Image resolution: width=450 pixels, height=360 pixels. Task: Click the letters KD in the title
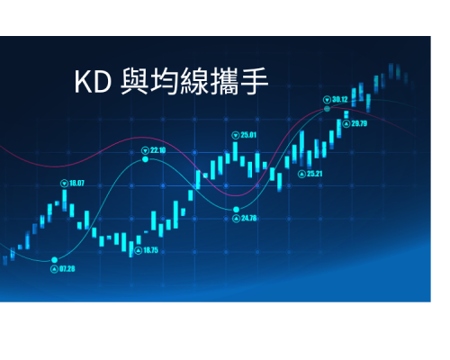pyautogui.click(x=93, y=82)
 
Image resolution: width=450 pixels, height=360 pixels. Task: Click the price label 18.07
pyautogui.click(x=76, y=183)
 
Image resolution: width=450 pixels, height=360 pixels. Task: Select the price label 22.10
pyautogui.click(x=157, y=150)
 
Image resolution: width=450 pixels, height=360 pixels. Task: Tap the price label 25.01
pyautogui.click(x=248, y=135)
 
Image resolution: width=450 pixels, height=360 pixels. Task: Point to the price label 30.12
pyautogui.click(x=340, y=99)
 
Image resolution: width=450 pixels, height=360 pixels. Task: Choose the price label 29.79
pyautogui.click(x=359, y=123)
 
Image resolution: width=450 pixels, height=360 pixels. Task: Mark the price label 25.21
pyautogui.click(x=314, y=174)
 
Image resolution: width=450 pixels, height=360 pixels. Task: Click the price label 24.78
pyautogui.click(x=249, y=218)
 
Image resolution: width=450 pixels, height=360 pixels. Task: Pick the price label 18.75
pyautogui.click(x=150, y=250)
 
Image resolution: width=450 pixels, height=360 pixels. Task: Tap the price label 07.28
pyautogui.click(x=67, y=269)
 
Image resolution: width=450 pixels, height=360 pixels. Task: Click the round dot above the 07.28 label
pyautogui.click(x=54, y=260)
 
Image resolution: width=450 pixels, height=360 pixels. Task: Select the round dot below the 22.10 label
pyautogui.click(x=145, y=159)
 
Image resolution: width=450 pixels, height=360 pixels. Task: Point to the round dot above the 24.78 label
pyautogui.click(x=236, y=210)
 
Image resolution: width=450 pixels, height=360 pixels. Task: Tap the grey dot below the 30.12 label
pyautogui.click(x=327, y=109)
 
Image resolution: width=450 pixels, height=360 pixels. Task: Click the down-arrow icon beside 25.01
pyautogui.click(x=236, y=135)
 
